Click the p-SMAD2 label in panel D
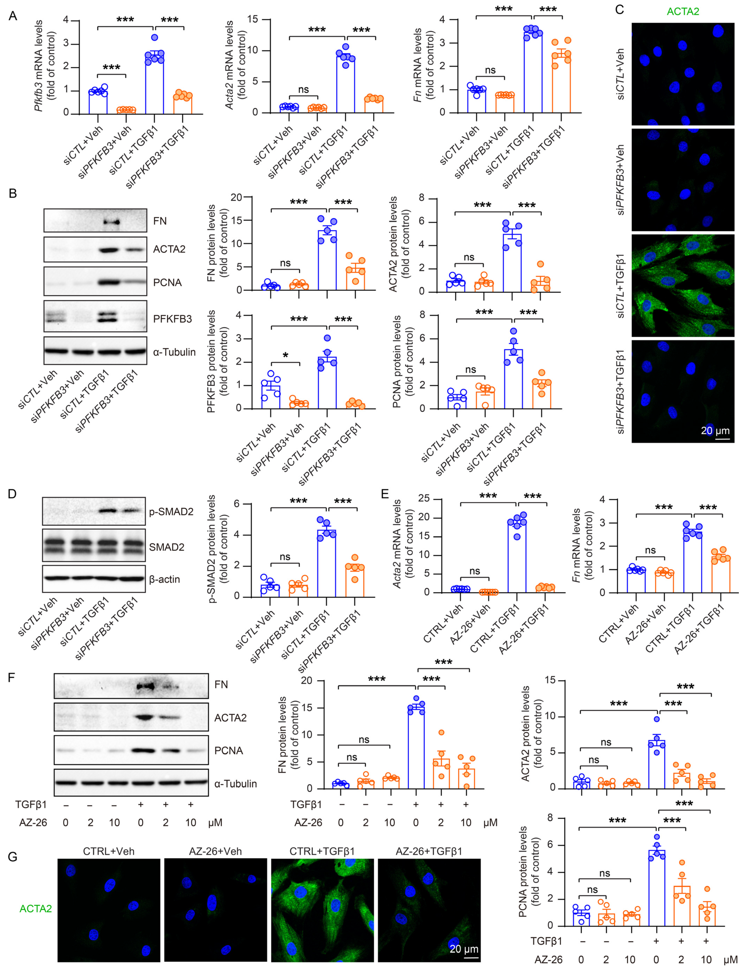pos(171,512)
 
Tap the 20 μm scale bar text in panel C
pos(715,430)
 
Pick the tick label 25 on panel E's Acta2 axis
pos(424,498)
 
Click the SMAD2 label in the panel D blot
pos(167,547)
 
